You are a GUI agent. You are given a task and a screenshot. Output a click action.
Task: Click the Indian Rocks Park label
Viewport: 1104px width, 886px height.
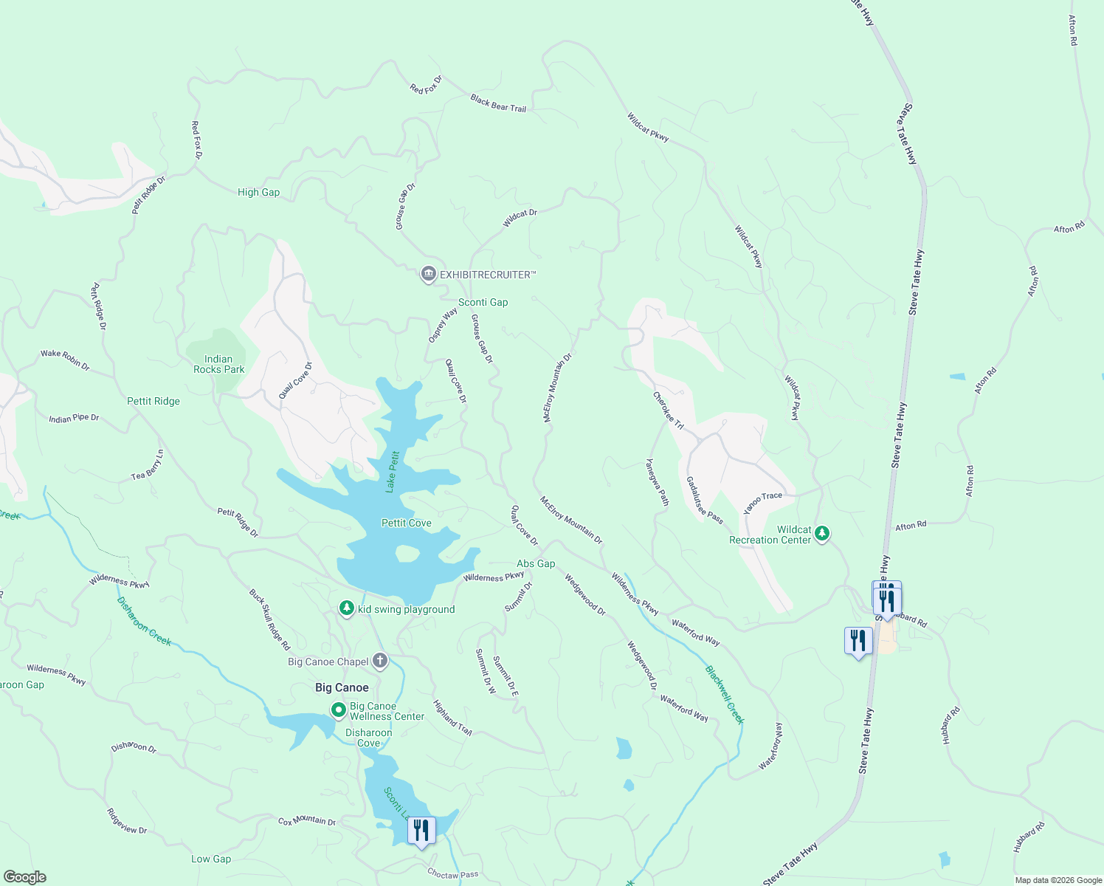218,364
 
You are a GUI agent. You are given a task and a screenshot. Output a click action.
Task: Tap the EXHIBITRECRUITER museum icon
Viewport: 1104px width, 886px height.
428,275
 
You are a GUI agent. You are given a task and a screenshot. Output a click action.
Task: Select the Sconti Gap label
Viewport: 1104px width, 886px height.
483,302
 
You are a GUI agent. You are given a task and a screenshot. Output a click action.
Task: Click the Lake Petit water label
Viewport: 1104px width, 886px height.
392,471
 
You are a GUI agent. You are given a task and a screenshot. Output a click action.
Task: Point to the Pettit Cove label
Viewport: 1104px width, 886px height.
406,523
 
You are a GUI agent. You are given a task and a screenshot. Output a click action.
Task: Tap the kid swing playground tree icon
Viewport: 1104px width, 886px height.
346,608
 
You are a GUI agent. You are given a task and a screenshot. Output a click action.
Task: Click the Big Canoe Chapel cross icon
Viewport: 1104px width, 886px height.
380,661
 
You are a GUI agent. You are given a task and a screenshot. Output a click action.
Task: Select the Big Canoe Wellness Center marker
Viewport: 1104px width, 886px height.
339,710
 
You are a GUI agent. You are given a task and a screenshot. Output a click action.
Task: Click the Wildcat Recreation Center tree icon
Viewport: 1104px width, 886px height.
822,533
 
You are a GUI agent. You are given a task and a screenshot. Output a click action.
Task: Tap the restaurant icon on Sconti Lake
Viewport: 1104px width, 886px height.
421,830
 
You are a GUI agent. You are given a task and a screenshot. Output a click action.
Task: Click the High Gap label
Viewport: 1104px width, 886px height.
258,192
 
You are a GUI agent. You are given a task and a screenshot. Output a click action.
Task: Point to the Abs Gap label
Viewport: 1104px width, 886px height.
536,563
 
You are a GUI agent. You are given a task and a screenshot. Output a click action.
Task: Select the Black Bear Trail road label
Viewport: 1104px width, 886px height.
498,103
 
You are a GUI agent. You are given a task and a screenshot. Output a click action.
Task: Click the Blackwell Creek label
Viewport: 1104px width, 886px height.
725,695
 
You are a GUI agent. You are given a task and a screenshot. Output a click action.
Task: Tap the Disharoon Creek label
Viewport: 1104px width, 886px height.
144,621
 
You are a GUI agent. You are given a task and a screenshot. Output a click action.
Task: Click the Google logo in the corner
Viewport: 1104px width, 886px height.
24,876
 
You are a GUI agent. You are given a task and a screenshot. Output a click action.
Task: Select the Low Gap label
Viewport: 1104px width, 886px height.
211,859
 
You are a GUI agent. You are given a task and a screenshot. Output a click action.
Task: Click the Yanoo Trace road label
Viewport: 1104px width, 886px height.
762,503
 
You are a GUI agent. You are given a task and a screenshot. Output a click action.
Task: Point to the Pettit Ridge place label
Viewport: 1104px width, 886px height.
153,401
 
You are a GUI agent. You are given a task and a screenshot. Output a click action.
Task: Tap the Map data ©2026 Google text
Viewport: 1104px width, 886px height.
1058,880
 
